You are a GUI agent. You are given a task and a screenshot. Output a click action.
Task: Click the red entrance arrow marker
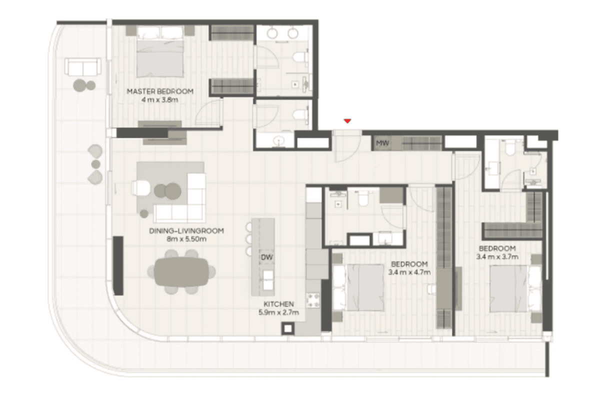(347, 121)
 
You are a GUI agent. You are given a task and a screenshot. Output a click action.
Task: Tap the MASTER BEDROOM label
(160, 91)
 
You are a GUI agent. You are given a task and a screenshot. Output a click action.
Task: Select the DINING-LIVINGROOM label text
(186, 231)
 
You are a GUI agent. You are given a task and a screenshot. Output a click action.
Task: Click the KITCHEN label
(278, 304)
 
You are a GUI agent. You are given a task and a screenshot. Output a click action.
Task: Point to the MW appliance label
(382, 143)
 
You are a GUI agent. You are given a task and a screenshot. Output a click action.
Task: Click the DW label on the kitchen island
(266, 257)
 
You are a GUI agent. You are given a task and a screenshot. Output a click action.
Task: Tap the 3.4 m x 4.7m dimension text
(409, 272)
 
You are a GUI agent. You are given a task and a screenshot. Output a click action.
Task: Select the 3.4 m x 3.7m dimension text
(497, 256)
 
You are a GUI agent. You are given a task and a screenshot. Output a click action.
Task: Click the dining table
(182, 271)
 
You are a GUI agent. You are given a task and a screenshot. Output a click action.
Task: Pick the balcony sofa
(83, 67)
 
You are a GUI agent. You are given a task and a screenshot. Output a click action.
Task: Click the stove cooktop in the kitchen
(313, 300)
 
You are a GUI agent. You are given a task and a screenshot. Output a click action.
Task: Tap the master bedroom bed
(160, 52)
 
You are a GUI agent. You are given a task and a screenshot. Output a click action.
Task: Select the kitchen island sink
(268, 280)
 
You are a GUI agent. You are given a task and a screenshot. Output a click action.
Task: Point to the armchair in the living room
(140, 187)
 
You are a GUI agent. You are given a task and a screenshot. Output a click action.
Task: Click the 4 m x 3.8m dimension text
(159, 99)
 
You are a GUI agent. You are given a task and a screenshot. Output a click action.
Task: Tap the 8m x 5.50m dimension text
(186, 239)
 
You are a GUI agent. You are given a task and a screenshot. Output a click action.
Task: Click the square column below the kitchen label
(287, 328)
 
